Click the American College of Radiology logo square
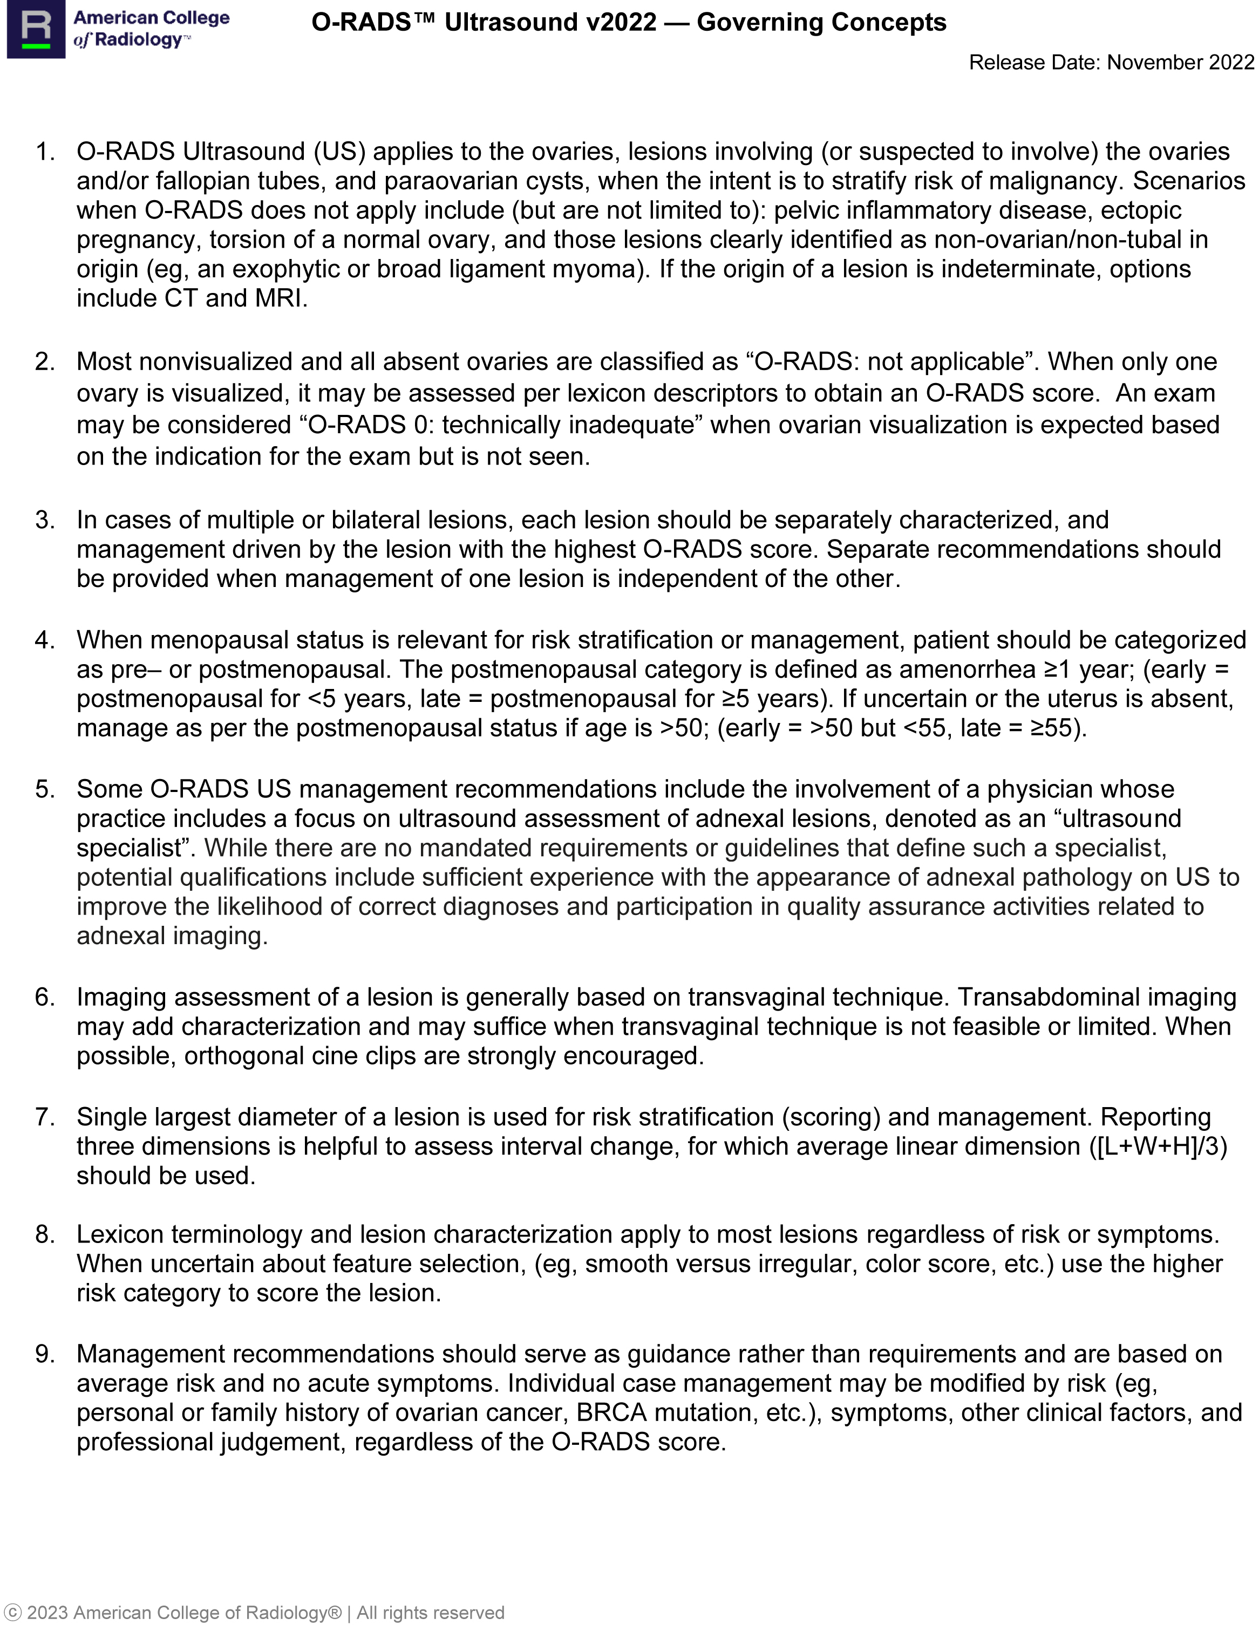[x=36, y=29]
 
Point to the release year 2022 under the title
[x=1231, y=63]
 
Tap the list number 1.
[x=45, y=152]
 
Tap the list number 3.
[x=45, y=520]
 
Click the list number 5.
[x=45, y=789]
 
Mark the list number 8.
[x=45, y=1234]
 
